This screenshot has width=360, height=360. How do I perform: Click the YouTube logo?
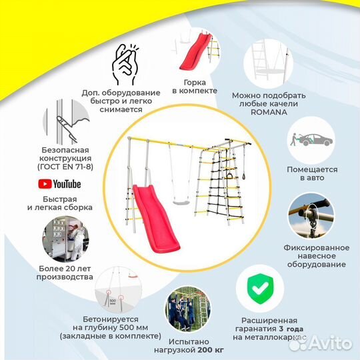[x=59, y=184]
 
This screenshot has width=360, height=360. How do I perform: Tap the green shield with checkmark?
[x=260, y=289]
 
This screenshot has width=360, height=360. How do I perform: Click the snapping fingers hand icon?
[x=125, y=64]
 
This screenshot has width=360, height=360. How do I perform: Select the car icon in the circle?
[x=312, y=140]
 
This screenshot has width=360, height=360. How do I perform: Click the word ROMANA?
[x=269, y=112]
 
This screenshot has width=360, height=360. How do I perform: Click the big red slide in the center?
[x=156, y=218]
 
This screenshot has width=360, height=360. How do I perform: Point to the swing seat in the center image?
[x=181, y=203]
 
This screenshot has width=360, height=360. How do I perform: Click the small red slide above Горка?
[x=195, y=51]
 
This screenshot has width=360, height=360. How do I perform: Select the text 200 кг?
[x=211, y=350]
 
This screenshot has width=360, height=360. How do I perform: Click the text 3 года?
[x=291, y=329]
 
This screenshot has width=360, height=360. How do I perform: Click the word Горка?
[x=195, y=83]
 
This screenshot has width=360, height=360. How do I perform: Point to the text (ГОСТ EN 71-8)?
[x=65, y=167]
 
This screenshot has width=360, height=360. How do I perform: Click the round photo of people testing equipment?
[x=188, y=309]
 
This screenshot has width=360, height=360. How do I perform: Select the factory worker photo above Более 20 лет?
[x=65, y=239]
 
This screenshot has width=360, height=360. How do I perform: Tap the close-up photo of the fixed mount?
[x=311, y=216]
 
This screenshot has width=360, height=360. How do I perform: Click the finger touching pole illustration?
[x=67, y=122]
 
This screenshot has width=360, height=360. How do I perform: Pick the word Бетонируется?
[x=111, y=319]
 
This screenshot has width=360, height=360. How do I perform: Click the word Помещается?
[x=312, y=170]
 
